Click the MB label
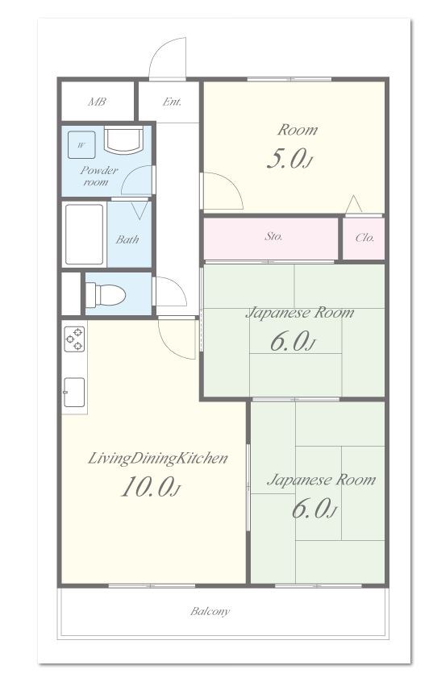[97, 102]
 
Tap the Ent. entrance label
[172, 102]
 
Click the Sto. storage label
[273, 237]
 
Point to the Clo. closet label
[364, 238]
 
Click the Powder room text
[99, 176]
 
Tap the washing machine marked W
[81, 145]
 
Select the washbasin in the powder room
[123, 140]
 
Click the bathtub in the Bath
[84, 235]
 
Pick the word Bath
[127, 239]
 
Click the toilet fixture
[105, 295]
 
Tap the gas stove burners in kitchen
[74, 339]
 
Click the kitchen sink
[74, 393]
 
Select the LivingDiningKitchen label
[157, 459]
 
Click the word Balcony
[210, 611]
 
